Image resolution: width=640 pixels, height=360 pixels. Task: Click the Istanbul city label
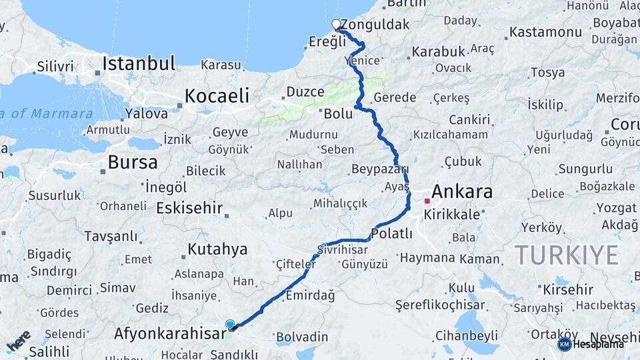pyautogui.click(x=138, y=64)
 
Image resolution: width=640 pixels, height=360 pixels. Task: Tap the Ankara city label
pyautogui.click(x=462, y=193)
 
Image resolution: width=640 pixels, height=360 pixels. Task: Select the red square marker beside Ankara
pyautogui.click(x=427, y=200)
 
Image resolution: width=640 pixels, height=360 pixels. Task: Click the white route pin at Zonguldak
pyautogui.click(x=337, y=25)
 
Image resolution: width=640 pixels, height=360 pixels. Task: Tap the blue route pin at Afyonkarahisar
pyautogui.click(x=230, y=324)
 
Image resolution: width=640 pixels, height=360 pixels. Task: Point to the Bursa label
pyautogui.click(x=133, y=162)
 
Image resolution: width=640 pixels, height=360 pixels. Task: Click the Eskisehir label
pyautogui.click(x=189, y=208)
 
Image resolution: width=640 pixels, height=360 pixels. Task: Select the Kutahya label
pyautogui.click(x=217, y=249)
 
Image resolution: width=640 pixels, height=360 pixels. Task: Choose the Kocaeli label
pyautogui.click(x=217, y=95)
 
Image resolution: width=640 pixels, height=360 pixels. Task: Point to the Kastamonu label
pyautogui.click(x=545, y=32)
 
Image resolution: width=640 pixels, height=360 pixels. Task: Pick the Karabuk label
pyautogui.click(x=437, y=51)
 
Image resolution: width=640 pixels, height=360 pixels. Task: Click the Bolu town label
pyautogui.click(x=338, y=113)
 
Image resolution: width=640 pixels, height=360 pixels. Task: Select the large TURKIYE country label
pyautogui.click(x=566, y=255)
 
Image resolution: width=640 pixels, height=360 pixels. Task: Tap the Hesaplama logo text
pyautogui.click(x=598, y=344)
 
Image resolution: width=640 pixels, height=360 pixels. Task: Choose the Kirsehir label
pyautogui.click(x=568, y=289)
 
